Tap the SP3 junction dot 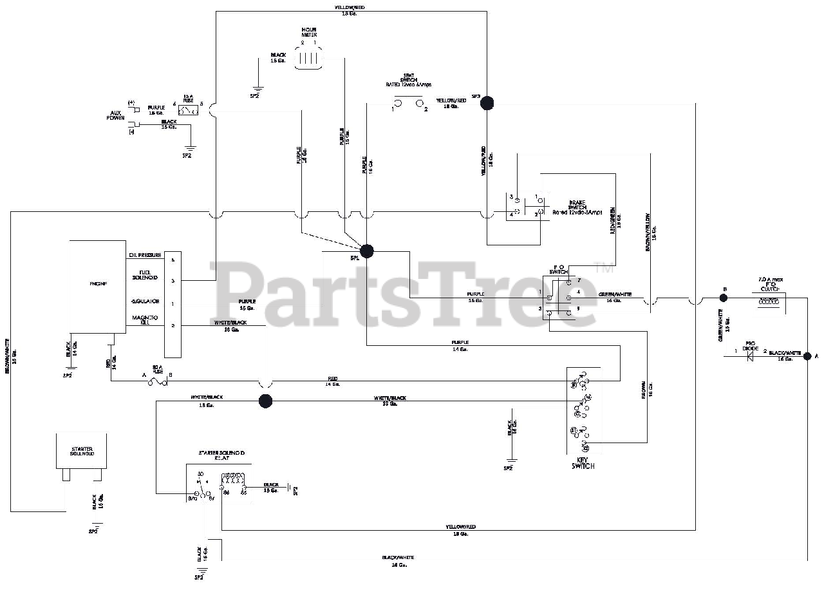coord(487,103)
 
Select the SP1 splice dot coord(366,251)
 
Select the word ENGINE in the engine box coord(98,283)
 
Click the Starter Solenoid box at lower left coord(80,451)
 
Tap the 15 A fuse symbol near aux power coord(189,111)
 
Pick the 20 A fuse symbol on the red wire coord(158,382)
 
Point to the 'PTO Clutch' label coord(771,284)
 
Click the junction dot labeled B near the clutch coord(724,298)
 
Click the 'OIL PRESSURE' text coord(145,256)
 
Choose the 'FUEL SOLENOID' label coord(145,276)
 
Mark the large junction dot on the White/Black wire coord(265,401)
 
